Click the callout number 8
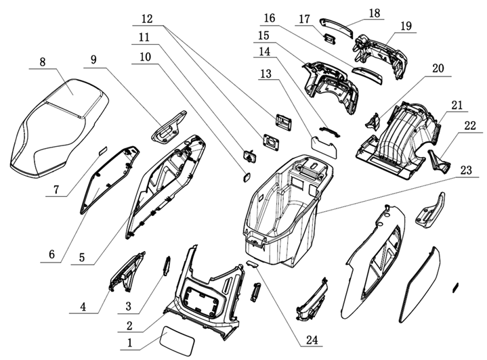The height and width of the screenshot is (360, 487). [x=43, y=62]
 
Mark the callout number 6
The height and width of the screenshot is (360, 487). [x=51, y=255]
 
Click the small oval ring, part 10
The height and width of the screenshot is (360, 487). [x=245, y=177]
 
